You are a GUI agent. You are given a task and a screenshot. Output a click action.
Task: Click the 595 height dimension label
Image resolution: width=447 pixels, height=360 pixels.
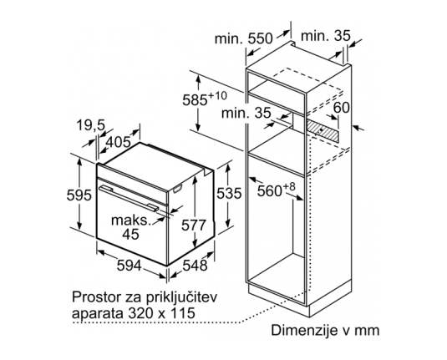[x=79, y=195]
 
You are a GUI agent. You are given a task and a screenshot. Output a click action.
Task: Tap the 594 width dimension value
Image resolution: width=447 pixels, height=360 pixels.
[x=130, y=266]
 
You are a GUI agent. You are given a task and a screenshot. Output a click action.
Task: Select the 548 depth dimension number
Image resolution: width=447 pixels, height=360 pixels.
[x=195, y=266]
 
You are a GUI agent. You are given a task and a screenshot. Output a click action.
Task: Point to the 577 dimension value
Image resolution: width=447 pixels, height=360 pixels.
[x=194, y=226]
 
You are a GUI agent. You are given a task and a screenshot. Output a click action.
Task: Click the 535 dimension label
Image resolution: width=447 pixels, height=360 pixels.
[x=229, y=194]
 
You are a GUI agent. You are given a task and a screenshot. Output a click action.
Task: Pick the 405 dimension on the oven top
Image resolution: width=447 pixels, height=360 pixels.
[x=118, y=142]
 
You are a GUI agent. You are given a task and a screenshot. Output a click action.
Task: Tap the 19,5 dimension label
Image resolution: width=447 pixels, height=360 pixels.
[x=91, y=125]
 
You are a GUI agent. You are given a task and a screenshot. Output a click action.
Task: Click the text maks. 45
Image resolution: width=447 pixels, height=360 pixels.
[x=130, y=227]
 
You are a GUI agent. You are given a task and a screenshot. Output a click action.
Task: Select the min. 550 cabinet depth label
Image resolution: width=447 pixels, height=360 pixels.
[x=244, y=38]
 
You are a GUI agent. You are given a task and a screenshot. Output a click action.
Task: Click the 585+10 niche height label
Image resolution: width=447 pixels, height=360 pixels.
[x=205, y=99]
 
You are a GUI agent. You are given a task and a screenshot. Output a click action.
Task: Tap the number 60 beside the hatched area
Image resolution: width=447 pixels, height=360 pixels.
[x=342, y=108]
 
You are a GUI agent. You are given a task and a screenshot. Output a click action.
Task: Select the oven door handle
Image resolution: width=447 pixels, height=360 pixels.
[x=129, y=199]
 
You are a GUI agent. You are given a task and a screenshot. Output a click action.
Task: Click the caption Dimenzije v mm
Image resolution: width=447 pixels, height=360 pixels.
[x=325, y=331]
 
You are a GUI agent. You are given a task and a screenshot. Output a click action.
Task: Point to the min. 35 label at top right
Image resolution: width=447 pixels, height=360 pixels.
[x=326, y=36]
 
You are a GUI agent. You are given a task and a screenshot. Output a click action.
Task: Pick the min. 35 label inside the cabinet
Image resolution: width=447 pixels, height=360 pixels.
[x=246, y=113]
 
